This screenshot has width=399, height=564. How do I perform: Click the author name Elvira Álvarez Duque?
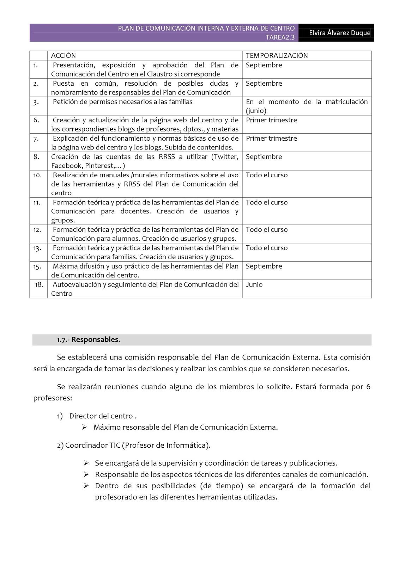(x=339, y=33)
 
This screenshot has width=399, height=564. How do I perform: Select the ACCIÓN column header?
(x=64, y=55)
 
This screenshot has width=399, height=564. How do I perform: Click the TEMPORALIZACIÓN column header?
(x=277, y=55)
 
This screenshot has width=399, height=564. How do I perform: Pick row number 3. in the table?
(x=36, y=102)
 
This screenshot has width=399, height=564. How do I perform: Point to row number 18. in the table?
(x=39, y=284)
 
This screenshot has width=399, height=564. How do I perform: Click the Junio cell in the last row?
(x=254, y=284)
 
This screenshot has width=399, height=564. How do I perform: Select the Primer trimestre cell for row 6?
(x=271, y=120)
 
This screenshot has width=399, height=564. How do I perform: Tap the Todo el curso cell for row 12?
(x=267, y=229)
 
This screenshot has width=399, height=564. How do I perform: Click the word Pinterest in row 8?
(x=99, y=166)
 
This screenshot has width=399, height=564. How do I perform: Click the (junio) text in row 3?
(x=256, y=111)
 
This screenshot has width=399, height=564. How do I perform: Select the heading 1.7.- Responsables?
(x=89, y=339)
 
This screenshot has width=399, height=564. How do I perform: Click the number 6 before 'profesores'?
(x=368, y=387)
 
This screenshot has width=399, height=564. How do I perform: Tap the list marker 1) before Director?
(x=60, y=416)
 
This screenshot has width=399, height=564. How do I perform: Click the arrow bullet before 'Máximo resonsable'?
(x=84, y=427)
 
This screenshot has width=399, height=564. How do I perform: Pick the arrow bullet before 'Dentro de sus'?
(x=86, y=486)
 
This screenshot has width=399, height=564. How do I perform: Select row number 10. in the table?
(x=37, y=175)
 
